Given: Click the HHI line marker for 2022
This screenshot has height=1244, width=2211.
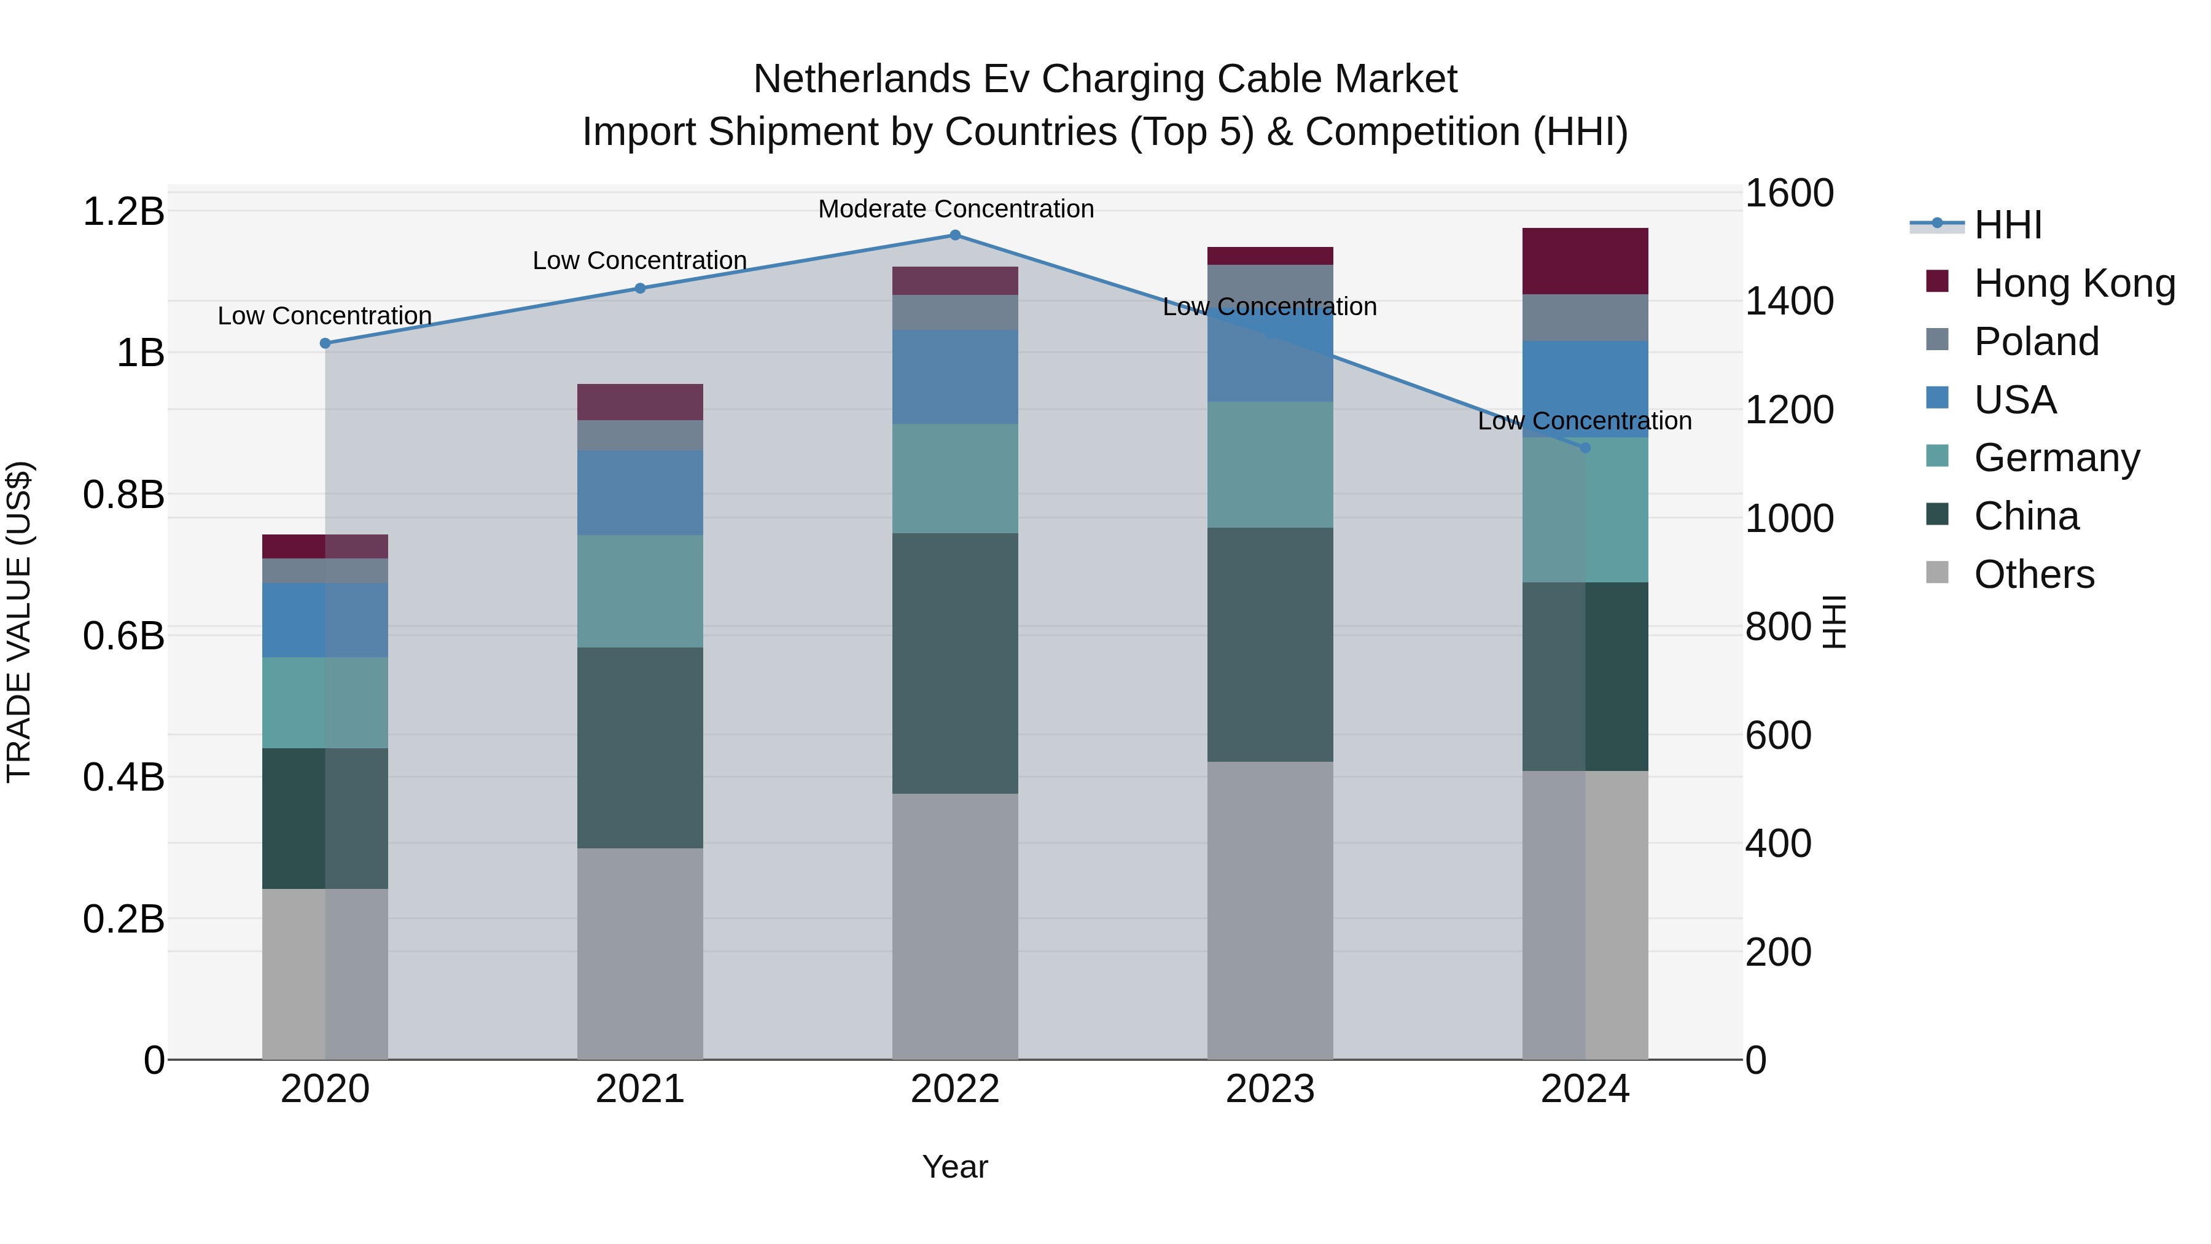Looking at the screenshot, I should click(954, 235).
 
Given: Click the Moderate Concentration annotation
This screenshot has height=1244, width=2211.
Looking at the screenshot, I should click(955, 209).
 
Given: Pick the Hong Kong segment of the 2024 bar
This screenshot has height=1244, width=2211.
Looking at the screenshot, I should click(1585, 262).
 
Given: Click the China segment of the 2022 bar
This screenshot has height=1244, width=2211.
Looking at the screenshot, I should click(954, 663).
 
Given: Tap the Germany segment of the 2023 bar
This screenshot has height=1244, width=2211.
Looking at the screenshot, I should click(1269, 464).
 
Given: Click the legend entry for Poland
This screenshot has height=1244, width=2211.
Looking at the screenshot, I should click(2036, 342).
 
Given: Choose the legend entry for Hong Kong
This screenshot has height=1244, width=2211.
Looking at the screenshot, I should click(2073, 283).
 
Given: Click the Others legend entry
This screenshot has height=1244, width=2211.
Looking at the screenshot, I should click(2034, 574).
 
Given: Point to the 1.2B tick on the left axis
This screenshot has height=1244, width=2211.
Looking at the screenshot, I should click(123, 212).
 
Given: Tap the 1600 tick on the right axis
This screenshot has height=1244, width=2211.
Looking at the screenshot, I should click(1790, 193).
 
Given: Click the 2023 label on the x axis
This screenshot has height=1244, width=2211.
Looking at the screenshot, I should click(1269, 1089).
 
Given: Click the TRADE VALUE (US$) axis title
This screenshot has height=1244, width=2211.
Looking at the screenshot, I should click(19, 622).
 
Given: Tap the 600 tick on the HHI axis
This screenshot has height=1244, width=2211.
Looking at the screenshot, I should click(1779, 736).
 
